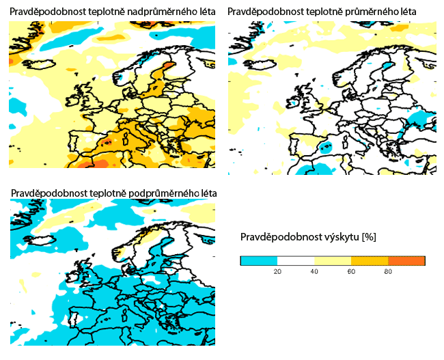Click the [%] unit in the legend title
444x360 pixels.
pyautogui.click(x=367, y=237)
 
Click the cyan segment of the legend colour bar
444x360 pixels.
pyautogui.click(x=259, y=260)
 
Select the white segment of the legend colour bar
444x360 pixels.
pyautogui.click(x=296, y=260)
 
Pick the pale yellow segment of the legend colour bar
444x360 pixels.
pyautogui.click(x=333, y=260)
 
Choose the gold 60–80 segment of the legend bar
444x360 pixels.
pyautogui.click(x=370, y=260)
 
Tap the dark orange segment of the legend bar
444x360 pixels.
pyautogui.click(x=406, y=260)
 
